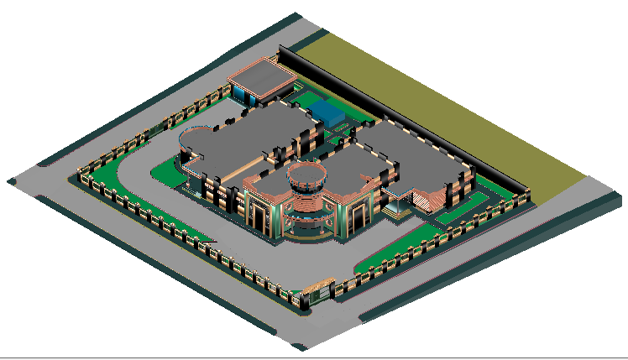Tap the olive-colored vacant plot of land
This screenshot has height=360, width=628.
tap(445, 101)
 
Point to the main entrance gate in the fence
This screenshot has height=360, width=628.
tap(318, 293)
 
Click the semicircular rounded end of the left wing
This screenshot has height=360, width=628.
tap(196, 144)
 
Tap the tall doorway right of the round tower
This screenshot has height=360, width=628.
tap(357, 215)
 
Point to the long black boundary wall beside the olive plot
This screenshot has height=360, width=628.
tap(403, 117)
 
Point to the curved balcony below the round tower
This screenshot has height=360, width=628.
tap(305, 225)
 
